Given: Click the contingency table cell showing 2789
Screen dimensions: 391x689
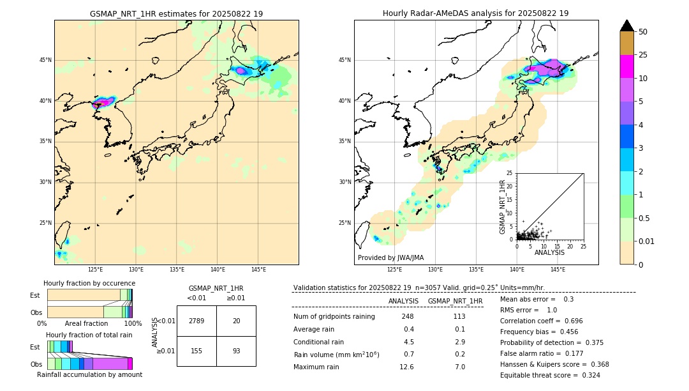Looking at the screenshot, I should point(196,321).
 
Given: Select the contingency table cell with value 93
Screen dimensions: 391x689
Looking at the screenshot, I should point(236,351).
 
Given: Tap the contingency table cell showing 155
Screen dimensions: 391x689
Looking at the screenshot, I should point(196,351).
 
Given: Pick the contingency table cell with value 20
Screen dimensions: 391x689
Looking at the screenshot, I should point(236,321).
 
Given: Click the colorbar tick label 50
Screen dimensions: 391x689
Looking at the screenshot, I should point(643,32).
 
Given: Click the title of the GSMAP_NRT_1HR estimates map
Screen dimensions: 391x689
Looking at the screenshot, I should point(176,13).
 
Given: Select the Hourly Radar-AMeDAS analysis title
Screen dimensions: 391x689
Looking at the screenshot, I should point(476,13).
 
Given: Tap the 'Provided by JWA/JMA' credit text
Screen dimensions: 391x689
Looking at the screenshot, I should point(390,258).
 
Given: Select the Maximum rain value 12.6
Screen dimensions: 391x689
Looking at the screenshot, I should point(407,367).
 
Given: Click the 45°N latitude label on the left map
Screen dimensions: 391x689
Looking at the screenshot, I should point(45,60).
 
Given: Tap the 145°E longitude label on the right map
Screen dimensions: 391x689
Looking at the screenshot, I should point(558,270).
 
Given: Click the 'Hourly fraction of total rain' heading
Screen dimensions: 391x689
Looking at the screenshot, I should point(89,335).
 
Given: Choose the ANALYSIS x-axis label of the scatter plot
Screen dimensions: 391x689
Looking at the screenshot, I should point(549,252).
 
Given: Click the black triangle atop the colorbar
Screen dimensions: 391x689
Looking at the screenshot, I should point(627,26).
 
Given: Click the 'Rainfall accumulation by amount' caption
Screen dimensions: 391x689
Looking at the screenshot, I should point(89,375).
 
